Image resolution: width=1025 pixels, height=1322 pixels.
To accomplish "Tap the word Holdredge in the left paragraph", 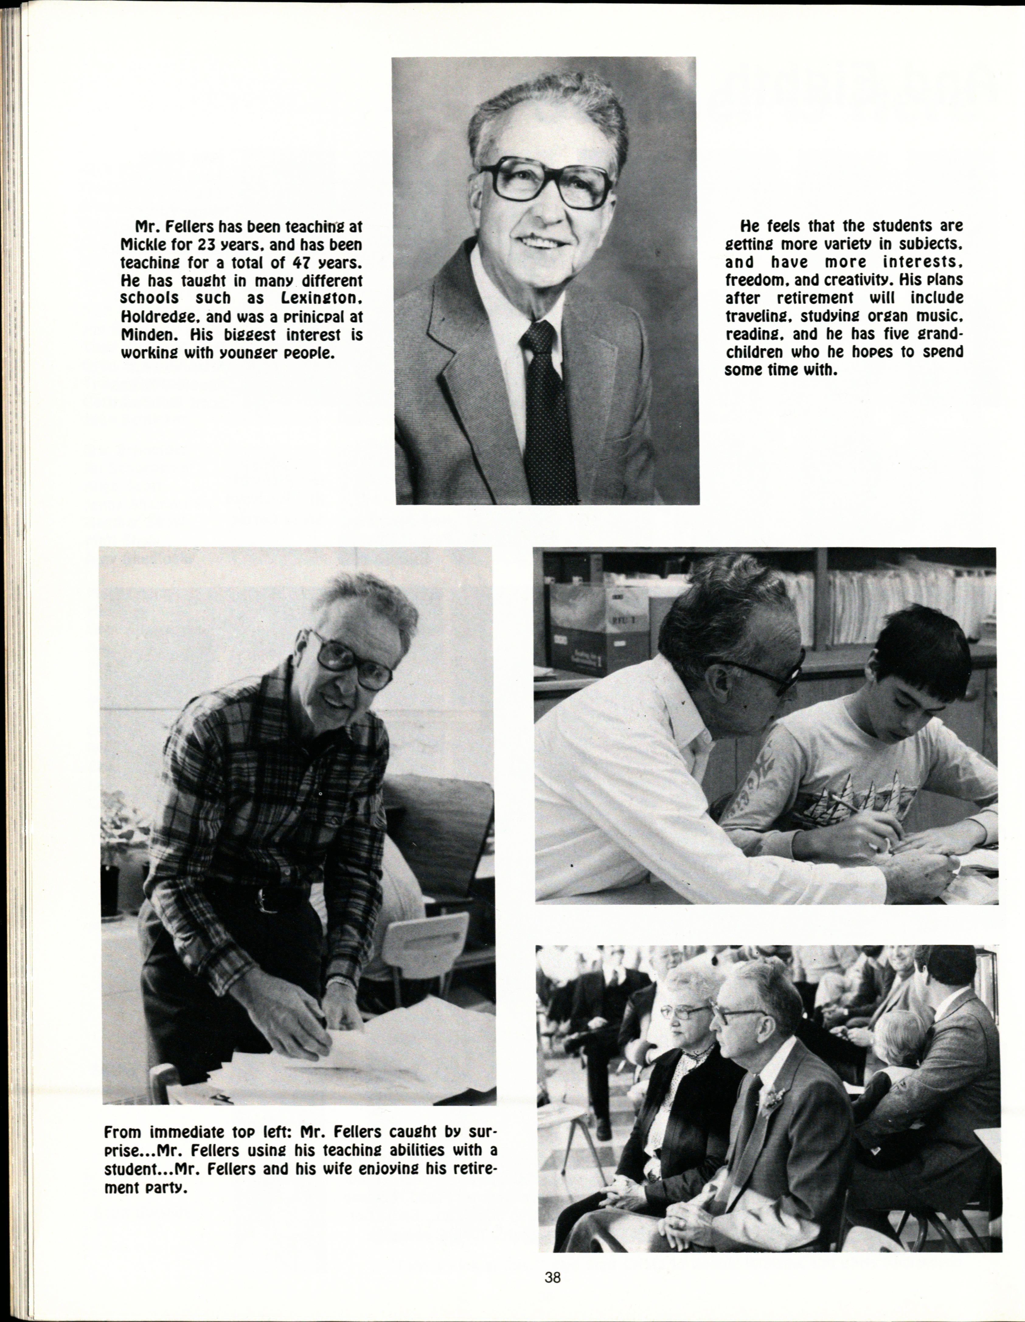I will pyautogui.click(x=158, y=316).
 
